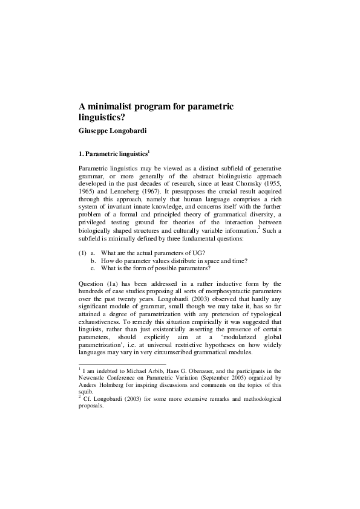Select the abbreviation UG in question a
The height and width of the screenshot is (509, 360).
click(x=197, y=268)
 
